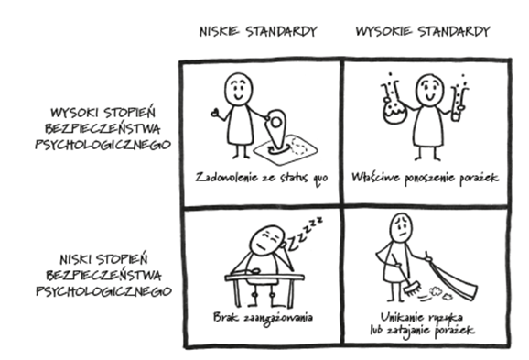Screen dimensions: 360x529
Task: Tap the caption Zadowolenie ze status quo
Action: (x=261, y=177)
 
